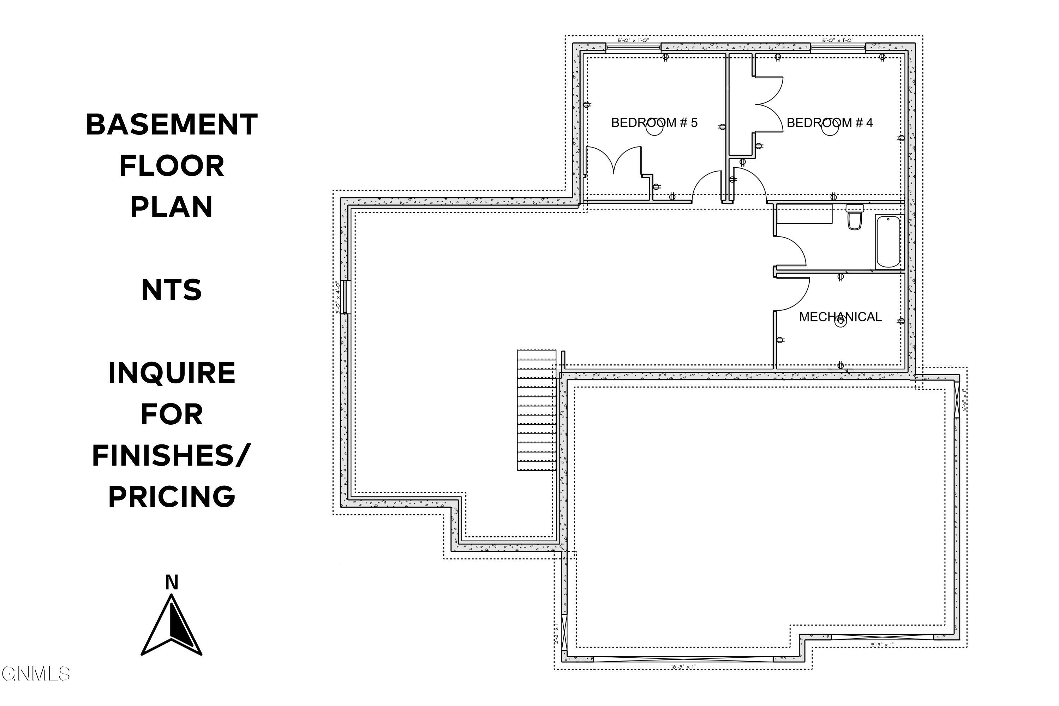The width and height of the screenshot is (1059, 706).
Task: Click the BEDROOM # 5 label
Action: (x=654, y=122)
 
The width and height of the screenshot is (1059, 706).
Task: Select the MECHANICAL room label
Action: (x=840, y=317)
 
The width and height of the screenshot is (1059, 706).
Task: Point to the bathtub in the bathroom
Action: (x=888, y=242)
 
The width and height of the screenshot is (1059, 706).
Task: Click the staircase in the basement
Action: (x=536, y=410)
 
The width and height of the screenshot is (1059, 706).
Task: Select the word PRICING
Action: (x=172, y=497)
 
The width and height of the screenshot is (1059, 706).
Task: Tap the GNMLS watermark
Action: (x=36, y=674)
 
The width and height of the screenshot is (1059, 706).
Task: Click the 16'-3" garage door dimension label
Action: (x=683, y=667)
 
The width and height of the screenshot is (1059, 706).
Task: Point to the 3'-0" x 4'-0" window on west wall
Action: (x=346, y=297)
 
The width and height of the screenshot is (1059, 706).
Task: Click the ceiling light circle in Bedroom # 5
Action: (x=654, y=128)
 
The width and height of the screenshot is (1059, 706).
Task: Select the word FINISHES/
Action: (x=172, y=455)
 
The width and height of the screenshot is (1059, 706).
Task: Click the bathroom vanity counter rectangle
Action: (x=804, y=214)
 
